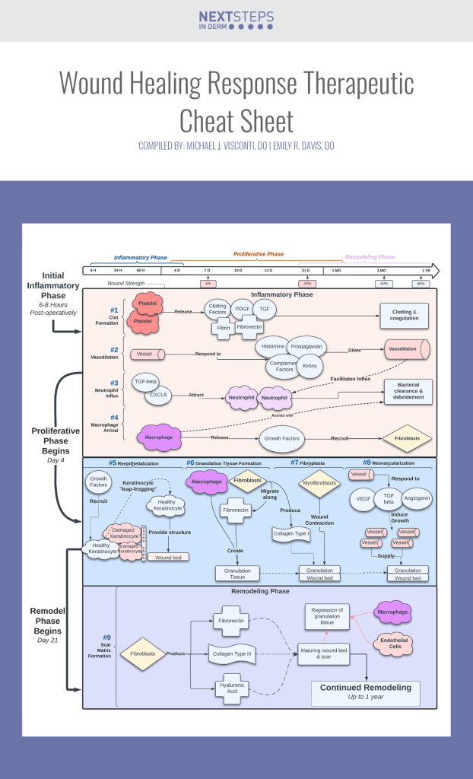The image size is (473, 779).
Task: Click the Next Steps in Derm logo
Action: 236,21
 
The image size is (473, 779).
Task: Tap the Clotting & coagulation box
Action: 405,315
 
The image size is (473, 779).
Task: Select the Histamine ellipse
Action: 272,346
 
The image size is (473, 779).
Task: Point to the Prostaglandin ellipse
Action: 308,347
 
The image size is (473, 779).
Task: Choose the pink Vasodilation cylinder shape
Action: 406,350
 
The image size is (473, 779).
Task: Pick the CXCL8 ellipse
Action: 158,394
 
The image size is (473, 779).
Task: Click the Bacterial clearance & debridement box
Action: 408,391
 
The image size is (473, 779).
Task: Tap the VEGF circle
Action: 363,499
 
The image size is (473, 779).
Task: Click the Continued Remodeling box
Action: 366,692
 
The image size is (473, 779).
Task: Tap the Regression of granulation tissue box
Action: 328,616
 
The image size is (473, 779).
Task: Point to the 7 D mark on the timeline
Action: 207,270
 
